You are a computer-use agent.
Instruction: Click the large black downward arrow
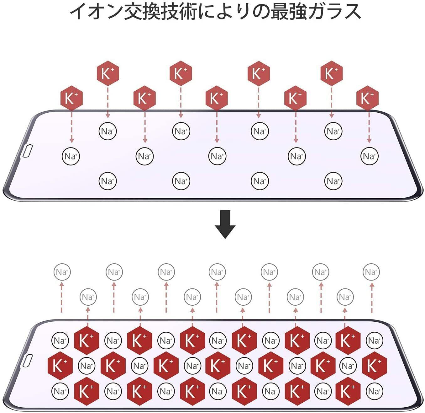(225, 224)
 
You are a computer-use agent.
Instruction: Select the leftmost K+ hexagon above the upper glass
(71, 98)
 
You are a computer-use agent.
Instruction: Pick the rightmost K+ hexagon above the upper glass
(367, 98)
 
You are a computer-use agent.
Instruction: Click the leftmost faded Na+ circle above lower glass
(62, 272)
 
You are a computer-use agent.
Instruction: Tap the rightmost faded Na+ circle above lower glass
(371, 272)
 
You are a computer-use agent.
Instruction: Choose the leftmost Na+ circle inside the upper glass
(71, 156)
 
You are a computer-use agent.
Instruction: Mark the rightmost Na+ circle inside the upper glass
(370, 156)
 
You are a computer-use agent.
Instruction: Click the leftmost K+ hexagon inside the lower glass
(60, 366)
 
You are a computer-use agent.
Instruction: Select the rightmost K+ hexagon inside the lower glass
(374, 366)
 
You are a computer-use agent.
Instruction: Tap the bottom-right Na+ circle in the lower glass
(374, 391)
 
